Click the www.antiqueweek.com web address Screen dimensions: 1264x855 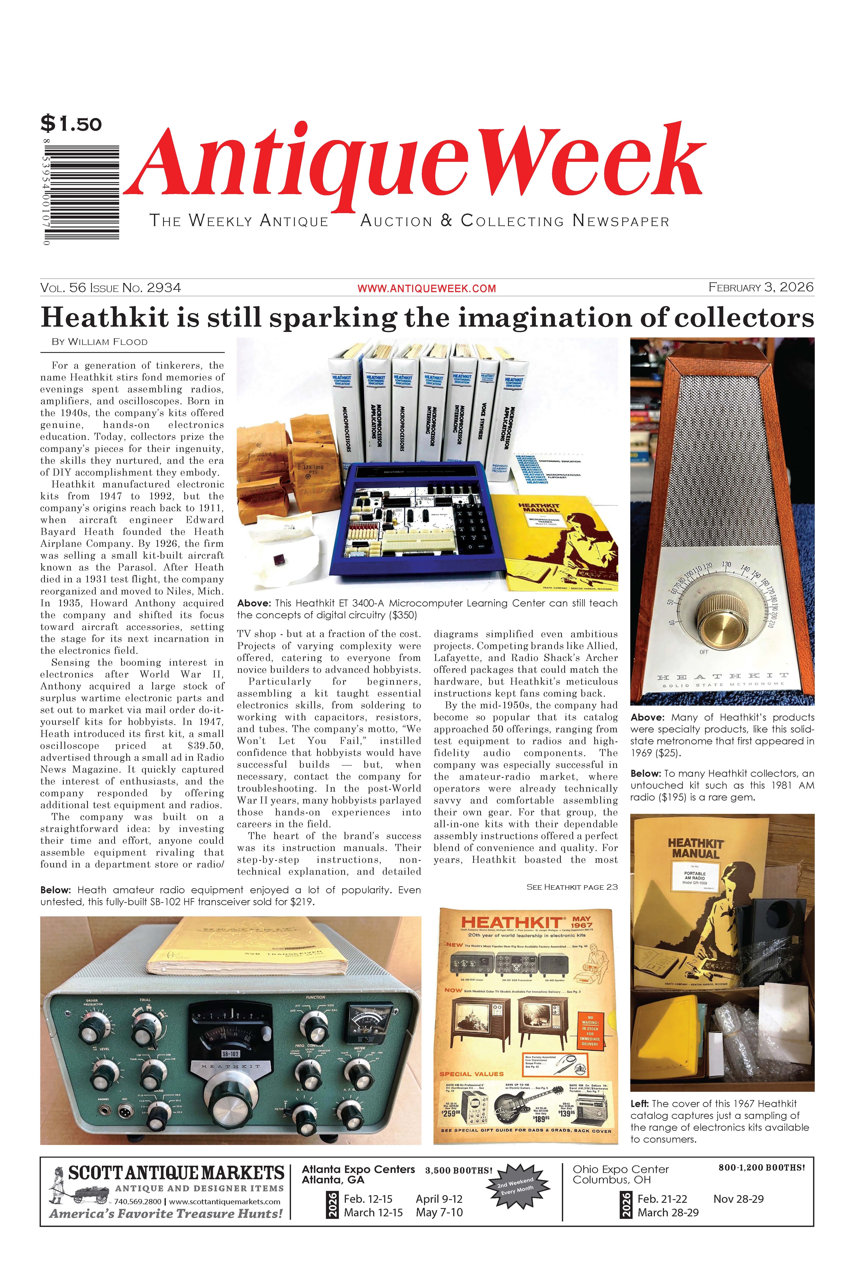(426, 288)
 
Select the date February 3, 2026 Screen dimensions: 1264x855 (760, 287)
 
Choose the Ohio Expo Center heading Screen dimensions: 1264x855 (621, 1169)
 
